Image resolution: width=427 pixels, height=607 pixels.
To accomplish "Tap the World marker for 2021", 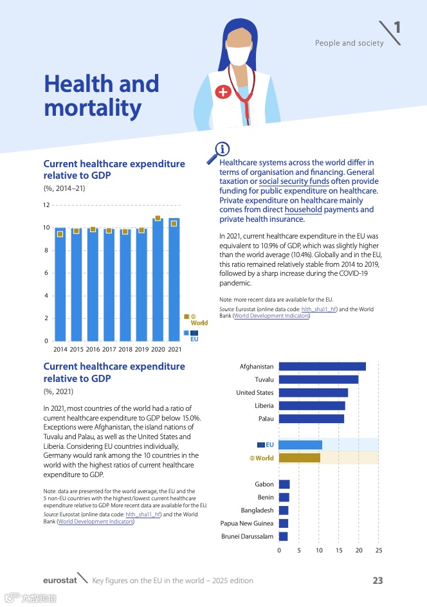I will [174, 223].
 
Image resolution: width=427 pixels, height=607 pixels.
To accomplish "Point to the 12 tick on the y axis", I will [46, 205].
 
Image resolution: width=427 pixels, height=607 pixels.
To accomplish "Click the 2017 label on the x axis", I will [109, 349].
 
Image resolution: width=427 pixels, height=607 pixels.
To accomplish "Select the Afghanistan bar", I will [322, 367].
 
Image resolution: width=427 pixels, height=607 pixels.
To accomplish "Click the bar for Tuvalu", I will [318, 379].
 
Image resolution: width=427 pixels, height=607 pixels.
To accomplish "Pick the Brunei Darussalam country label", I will [247, 536].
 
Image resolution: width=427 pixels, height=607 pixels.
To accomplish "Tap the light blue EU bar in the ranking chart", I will [300, 445].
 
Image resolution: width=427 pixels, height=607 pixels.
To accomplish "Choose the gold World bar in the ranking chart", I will [300, 458].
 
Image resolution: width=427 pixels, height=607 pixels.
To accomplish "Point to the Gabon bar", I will [284, 484].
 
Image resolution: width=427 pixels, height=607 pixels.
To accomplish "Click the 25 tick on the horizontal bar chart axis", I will [379, 551].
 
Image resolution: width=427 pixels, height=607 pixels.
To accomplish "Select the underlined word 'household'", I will [304, 210].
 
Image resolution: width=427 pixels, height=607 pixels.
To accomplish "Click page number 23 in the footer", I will [377, 581].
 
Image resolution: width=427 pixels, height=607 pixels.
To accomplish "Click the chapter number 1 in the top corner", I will [397, 27].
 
